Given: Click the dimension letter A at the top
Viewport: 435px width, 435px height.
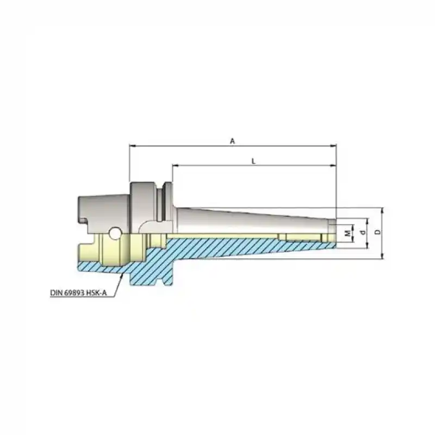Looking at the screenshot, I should [232, 141].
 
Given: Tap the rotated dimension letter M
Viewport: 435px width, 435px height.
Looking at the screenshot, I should [347, 233].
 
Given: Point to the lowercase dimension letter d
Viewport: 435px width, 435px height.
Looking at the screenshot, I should [363, 233].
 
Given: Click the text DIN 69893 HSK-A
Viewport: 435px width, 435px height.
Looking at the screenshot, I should [78, 292].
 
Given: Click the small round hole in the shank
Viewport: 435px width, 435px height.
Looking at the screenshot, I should [115, 233].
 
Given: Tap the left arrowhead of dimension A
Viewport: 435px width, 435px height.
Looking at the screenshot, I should [132, 146].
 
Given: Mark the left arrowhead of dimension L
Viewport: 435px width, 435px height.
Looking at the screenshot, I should [175, 165].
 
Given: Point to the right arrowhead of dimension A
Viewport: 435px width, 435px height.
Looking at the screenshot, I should [334, 146].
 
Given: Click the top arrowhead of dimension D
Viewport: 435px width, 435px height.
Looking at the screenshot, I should [383, 210].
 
